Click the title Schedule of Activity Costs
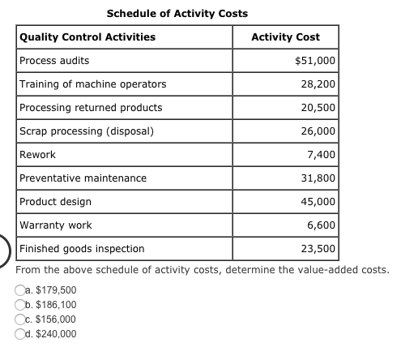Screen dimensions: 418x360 (177, 14)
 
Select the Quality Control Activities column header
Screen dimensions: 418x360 (87, 37)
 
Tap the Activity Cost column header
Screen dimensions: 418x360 (285, 37)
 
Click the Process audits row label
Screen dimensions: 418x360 (54, 61)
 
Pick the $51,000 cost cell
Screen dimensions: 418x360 (315, 61)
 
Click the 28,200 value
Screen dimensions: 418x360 (318, 84)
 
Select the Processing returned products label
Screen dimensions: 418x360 (91, 108)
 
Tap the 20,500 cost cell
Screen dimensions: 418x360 (318, 108)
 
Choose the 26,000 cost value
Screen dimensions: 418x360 (318, 131)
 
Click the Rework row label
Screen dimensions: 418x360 (37, 155)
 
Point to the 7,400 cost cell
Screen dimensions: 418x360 (322, 155)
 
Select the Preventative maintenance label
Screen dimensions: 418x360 (83, 178)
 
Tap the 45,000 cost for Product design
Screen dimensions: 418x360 (318, 202)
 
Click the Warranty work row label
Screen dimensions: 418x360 (55, 225)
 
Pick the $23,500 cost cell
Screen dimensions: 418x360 (318, 249)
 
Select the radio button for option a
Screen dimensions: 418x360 (19, 290)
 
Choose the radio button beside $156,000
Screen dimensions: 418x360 (19, 319)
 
